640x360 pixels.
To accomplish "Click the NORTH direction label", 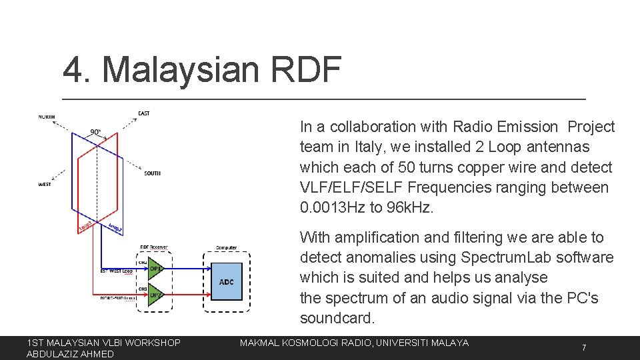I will (x=46, y=117).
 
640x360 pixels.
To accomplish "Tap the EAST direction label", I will (x=144, y=113).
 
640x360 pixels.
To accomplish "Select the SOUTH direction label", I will (x=152, y=173).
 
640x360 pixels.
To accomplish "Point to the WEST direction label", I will (x=44, y=185).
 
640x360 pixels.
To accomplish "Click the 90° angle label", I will (x=96, y=131).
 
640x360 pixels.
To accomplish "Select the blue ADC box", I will (x=226, y=281).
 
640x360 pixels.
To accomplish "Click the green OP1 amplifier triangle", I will (x=155, y=269).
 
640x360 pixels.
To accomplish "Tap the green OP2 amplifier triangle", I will (x=155, y=294).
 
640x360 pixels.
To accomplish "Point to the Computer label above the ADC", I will (x=226, y=247).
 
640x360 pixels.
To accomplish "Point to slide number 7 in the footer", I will (x=584, y=348).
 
